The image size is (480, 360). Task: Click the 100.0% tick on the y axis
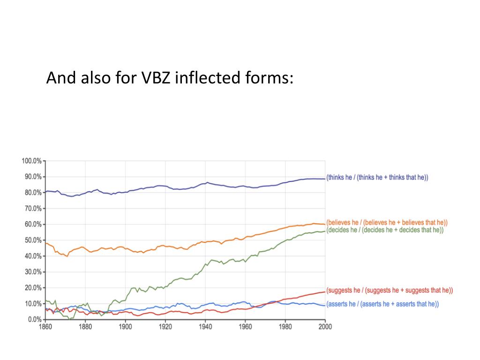(x=31, y=161)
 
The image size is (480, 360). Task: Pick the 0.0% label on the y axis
(x=34, y=319)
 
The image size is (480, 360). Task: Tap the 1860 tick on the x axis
(x=45, y=327)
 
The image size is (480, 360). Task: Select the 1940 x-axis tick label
(x=205, y=327)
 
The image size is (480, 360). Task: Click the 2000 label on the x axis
(x=325, y=327)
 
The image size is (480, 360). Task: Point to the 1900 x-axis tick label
(x=125, y=327)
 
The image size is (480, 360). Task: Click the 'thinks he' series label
(x=377, y=177)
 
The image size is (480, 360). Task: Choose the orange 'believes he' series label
(x=387, y=222)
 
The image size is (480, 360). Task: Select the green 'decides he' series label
(x=385, y=230)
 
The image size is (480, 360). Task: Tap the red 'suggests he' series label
(x=389, y=291)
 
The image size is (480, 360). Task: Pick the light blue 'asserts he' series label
(x=382, y=304)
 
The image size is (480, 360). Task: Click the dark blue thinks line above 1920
(x=165, y=186)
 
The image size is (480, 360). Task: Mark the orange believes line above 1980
(x=285, y=227)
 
